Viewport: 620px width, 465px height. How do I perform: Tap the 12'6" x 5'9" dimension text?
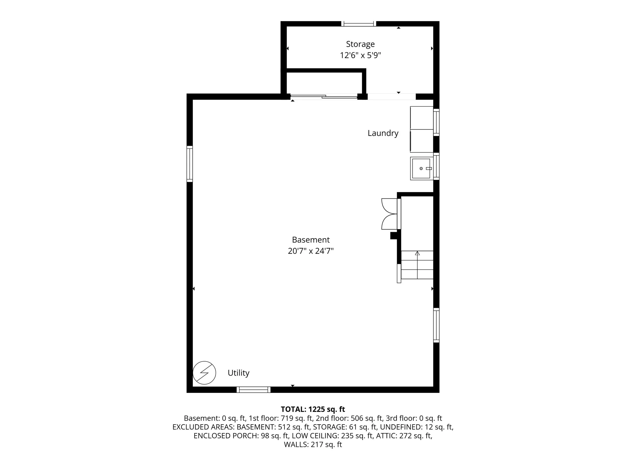360,56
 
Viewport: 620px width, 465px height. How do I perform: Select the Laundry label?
383,133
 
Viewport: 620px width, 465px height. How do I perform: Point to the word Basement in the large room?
311,240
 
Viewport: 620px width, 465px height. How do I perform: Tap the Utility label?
239,373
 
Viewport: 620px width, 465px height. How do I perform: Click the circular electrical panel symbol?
204,373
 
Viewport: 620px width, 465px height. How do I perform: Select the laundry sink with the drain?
422,168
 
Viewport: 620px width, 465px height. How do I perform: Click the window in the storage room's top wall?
359,24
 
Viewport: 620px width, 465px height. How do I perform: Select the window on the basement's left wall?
190,164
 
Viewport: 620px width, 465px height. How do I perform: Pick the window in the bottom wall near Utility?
254,390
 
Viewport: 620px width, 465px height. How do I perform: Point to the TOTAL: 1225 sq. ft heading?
313,409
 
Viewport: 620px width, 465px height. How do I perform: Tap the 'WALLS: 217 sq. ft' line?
313,444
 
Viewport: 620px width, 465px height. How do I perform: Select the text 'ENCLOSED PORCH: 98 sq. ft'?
241,436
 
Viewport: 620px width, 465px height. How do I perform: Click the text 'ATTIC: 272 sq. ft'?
404,436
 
